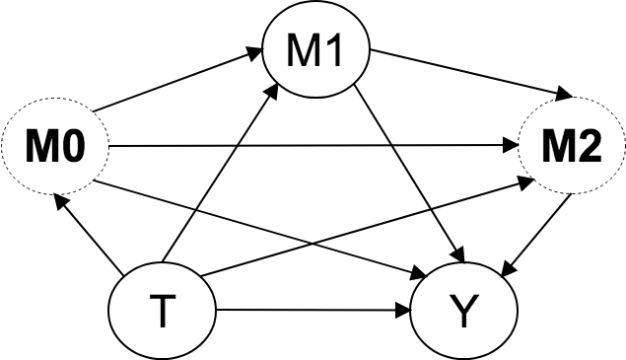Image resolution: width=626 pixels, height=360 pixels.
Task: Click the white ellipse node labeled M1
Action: (314, 52)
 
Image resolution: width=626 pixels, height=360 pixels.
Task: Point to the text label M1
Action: (314, 52)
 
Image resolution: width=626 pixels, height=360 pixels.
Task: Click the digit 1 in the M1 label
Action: (332, 52)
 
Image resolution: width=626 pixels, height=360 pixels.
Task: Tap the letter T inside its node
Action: (162, 313)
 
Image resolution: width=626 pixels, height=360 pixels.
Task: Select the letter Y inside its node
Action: (464, 313)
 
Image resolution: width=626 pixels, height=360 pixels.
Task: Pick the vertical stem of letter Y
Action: (464, 321)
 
